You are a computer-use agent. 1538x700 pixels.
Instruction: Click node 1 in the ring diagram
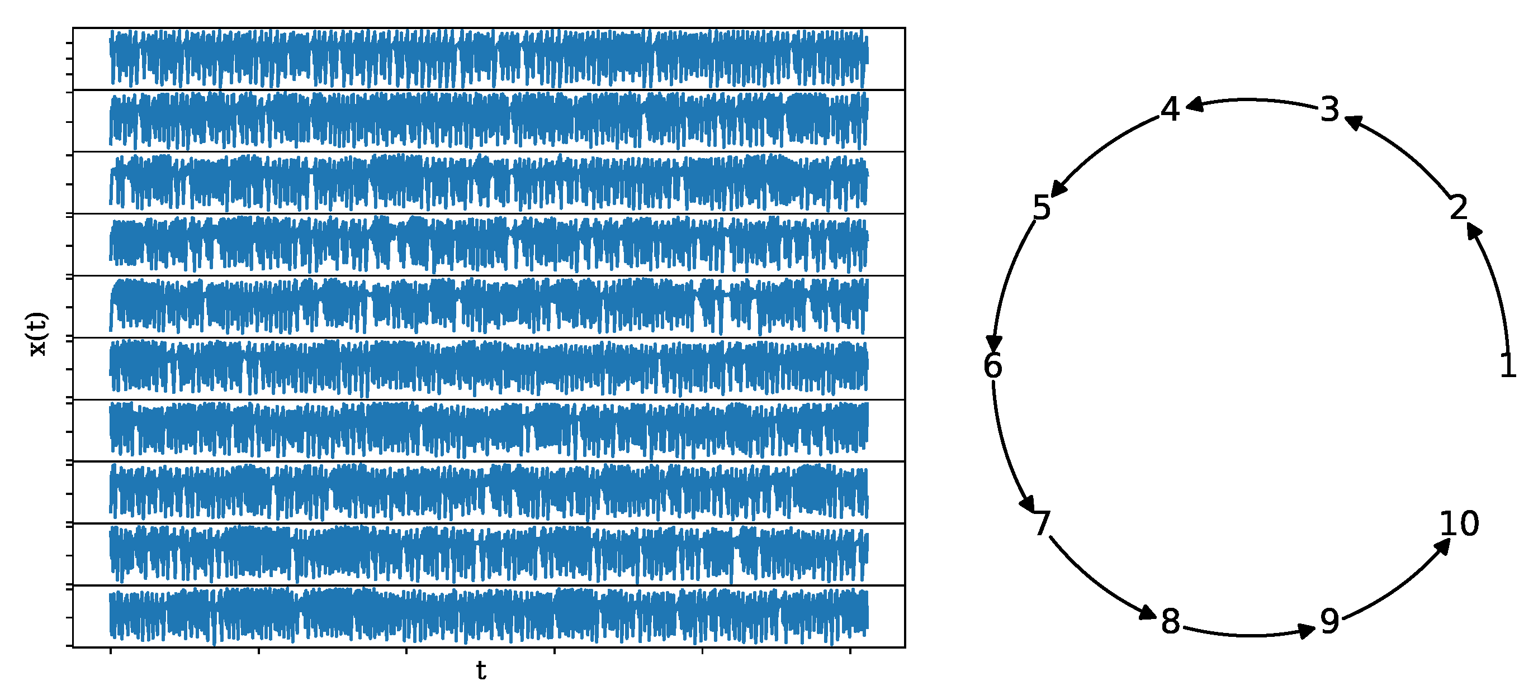1508,365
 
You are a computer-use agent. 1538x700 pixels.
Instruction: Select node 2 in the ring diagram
1458,208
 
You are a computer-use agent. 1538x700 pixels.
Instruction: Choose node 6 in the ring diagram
993,365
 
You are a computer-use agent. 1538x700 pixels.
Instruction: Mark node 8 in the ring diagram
1170,621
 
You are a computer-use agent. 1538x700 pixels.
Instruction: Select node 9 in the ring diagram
1329,621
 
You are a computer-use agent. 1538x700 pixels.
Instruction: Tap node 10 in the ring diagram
1459,523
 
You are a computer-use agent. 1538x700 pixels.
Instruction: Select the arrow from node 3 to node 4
1250,99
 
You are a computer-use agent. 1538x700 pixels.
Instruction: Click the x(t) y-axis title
37,334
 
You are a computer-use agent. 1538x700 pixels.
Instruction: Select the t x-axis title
481,671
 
